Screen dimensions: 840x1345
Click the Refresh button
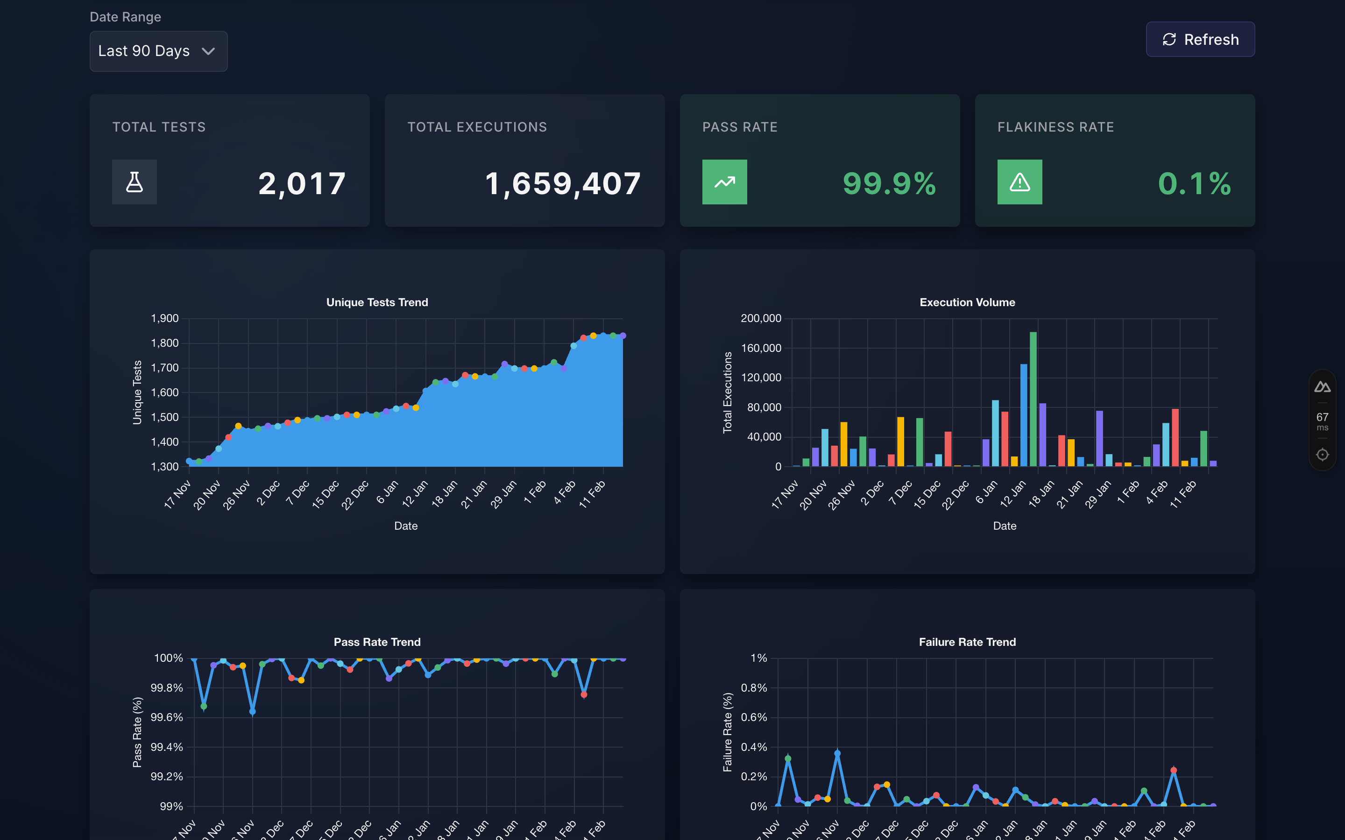(x=1200, y=40)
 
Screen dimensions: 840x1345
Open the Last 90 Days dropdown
(x=158, y=51)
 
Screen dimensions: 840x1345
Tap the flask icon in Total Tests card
(x=134, y=182)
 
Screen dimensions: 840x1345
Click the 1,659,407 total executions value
(x=562, y=184)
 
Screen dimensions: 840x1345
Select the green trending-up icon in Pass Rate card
(x=724, y=182)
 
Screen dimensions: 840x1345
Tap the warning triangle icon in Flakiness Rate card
(x=1019, y=182)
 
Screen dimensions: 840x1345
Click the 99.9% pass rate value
(x=889, y=184)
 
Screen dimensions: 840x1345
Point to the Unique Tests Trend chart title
(x=377, y=302)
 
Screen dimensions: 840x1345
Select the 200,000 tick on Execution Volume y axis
(x=760, y=318)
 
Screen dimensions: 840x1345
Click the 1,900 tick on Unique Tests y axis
(x=164, y=318)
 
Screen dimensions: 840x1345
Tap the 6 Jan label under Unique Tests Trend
(x=387, y=492)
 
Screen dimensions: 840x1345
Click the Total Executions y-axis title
(x=727, y=392)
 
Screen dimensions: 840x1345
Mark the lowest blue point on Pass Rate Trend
(x=252, y=712)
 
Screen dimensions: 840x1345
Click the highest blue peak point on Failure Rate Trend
(x=837, y=754)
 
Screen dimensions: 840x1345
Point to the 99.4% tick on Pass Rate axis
(x=166, y=747)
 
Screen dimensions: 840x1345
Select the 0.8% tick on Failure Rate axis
(x=754, y=688)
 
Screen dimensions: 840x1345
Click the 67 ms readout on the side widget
(x=1322, y=420)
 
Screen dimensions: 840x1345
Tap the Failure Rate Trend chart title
(x=967, y=642)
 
